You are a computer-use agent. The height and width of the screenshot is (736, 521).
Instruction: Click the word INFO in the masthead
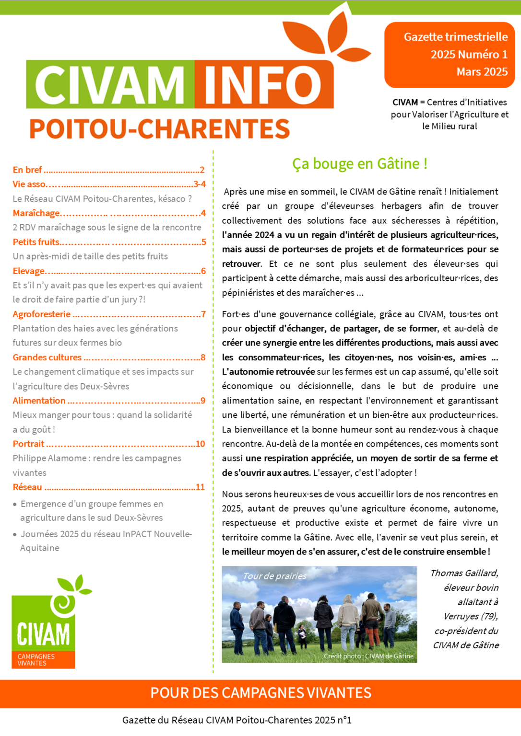coord(263,85)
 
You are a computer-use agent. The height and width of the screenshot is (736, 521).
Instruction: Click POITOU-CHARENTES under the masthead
coord(159,129)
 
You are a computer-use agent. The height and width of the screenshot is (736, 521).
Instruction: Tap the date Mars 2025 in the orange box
coord(482,72)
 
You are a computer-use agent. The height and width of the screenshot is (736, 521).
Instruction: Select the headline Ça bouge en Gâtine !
coord(359,164)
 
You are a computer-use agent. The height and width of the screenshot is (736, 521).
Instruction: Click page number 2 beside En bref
coord(202,170)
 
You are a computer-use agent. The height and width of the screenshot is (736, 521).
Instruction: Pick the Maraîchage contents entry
coord(36,213)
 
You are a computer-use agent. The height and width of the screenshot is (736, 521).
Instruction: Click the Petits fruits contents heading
coord(36,242)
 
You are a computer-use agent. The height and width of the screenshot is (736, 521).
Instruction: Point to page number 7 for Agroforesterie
coord(203,314)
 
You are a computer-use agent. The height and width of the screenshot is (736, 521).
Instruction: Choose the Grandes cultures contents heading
coord(47,357)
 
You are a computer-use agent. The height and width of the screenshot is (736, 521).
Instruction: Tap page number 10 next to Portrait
coord(200,444)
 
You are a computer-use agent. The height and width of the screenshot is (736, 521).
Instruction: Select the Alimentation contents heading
coord(39,401)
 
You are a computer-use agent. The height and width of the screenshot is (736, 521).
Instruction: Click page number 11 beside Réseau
coord(200,487)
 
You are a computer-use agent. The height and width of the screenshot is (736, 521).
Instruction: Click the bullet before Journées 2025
coord(15,535)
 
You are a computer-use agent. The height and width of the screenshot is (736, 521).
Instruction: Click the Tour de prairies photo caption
coord(274,576)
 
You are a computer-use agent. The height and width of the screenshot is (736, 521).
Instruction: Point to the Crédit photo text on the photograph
coord(368,656)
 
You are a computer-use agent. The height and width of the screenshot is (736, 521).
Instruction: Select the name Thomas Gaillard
coord(464,573)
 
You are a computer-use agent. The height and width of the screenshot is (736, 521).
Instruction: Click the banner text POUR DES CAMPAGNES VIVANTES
coord(260,693)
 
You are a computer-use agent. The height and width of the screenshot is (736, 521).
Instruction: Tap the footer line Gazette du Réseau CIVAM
coord(237,720)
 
